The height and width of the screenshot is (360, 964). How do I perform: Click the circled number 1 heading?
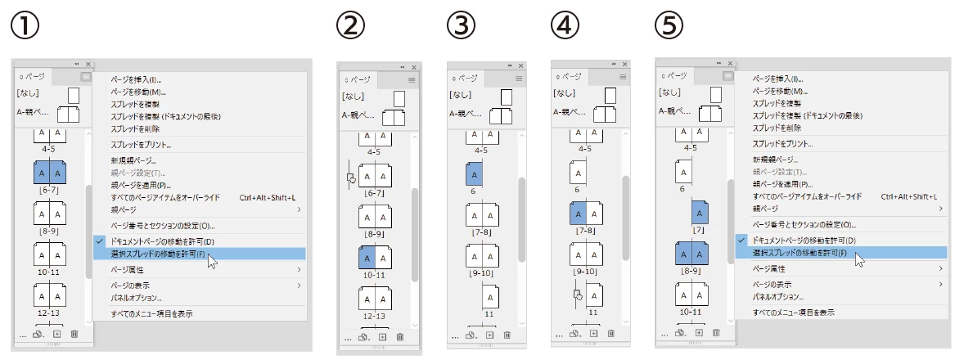tap(25, 25)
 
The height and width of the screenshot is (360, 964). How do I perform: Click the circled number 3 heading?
tap(462, 25)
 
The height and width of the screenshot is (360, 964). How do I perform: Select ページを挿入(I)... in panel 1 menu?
tap(136, 80)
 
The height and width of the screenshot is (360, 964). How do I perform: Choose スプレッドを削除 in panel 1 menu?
tap(135, 129)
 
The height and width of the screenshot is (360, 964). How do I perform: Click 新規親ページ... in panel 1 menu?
tap(133, 161)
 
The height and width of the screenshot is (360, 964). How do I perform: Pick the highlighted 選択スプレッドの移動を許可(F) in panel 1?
tap(159, 254)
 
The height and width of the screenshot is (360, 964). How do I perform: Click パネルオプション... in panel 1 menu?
tap(136, 298)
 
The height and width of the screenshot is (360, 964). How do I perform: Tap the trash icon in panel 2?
tap(400, 336)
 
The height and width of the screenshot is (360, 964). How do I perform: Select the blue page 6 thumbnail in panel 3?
tap(474, 174)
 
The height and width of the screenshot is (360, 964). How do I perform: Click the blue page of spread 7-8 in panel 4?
tap(578, 214)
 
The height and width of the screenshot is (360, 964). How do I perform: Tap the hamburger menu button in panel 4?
tap(623, 77)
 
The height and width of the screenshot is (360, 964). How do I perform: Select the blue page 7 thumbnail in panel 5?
tap(700, 212)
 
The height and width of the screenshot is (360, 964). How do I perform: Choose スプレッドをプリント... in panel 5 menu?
tap(782, 144)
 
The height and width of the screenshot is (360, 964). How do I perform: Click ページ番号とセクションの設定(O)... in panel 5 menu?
tap(804, 225)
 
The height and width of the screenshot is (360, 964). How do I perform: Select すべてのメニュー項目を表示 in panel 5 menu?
tap(794, 313)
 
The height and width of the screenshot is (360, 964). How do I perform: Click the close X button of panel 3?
tap(520, 65)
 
